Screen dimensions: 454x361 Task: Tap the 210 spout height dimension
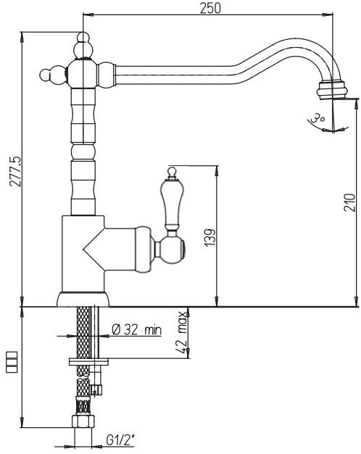pyautogui.click(x=349, y=204)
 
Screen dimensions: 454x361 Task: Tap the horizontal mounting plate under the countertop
pyautogui.click(x=88, y=360)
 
